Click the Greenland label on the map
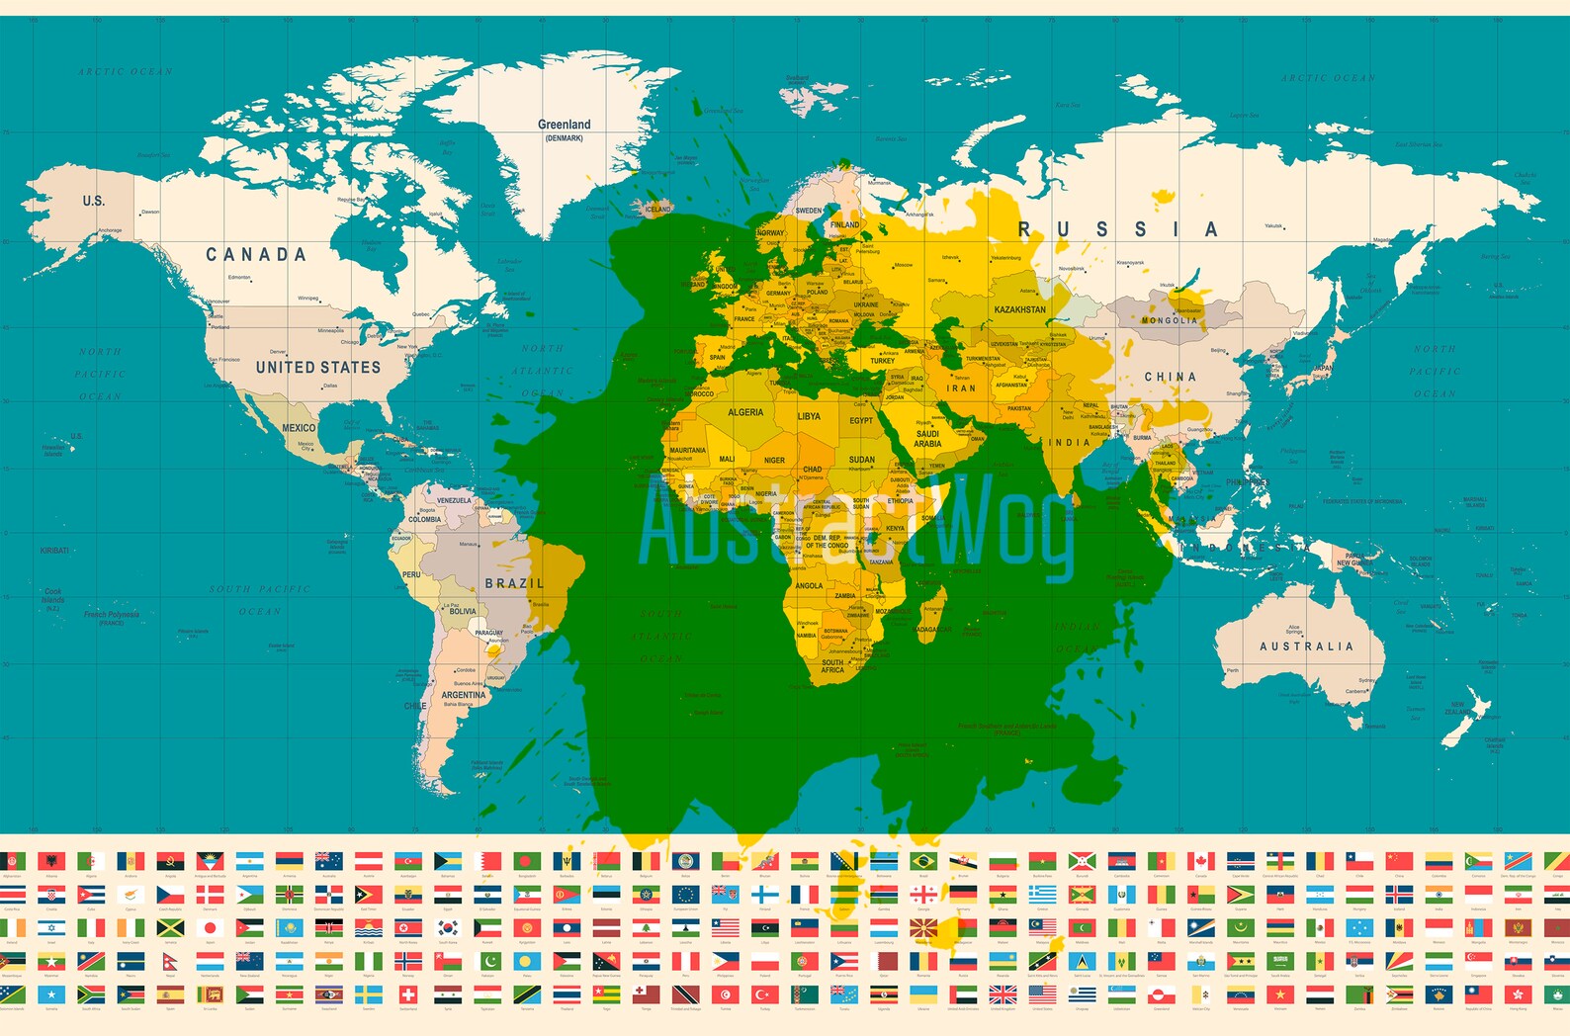[x=564, y=125]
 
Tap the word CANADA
[x=256, y=255]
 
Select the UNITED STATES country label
[x=317, y=367]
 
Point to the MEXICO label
[x=299, y=428]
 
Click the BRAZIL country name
[x=514, y=583]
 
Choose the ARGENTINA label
[x=463, y=695]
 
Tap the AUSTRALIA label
[x=1306, y=647]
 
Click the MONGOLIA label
[x=1169, y=320]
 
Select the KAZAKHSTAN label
[x=1019, y=309]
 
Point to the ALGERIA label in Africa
[x=744, y=412]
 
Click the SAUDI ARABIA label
[x=927, y=439]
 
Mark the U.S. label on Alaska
[x=93, y=201]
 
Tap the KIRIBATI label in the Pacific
[x=54, y=551]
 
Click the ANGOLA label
[x=809, y=585]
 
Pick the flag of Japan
[x=210, y=928]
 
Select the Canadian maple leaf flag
[x=1200, y=861]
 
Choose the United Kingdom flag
[x=1003, y=993]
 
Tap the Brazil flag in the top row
[x=923, y=861]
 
